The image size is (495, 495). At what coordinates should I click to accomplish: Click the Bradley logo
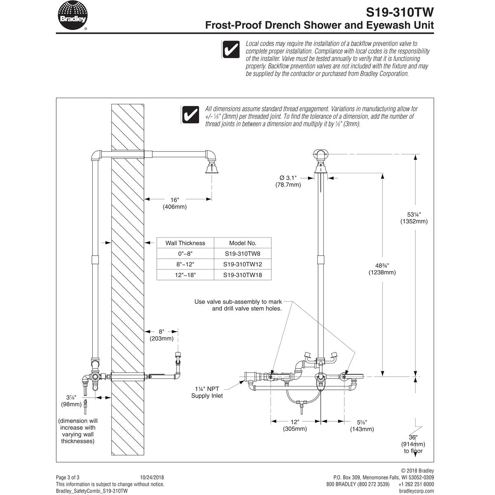[73, 15]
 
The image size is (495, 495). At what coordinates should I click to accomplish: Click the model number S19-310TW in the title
[400, 12]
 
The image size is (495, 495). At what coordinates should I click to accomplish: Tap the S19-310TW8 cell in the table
[243, 254]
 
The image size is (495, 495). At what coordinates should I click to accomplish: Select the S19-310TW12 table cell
[243, 264]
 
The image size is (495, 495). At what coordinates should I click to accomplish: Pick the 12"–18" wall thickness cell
[185, 275]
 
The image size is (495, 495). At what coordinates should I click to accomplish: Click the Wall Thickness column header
[185, 243]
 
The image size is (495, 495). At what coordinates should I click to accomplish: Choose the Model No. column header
[243, 243]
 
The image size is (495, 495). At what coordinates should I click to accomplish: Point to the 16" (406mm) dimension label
[174, 203]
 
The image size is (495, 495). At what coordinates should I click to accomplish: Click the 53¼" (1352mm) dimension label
[414, 218]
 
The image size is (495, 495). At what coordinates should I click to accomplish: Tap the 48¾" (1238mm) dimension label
[382, 269]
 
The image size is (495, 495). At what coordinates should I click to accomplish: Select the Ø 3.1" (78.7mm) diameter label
[288, 181]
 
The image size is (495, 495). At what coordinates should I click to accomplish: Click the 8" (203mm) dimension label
[161, 335]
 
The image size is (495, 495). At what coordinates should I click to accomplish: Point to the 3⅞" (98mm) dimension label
[71, 401]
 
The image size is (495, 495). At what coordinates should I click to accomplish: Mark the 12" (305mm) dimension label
[295, 425]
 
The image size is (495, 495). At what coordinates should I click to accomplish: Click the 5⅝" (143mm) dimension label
[362, 426]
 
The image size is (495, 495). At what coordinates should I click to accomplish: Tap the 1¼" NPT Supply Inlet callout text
[207, 392]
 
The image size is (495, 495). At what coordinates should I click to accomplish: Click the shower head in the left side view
[212, 167]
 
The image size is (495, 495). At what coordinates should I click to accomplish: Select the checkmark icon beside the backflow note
[231, 49]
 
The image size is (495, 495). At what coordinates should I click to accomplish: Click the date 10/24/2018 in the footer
[152, 477]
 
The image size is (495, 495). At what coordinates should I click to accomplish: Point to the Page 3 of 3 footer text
[68, 477]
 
